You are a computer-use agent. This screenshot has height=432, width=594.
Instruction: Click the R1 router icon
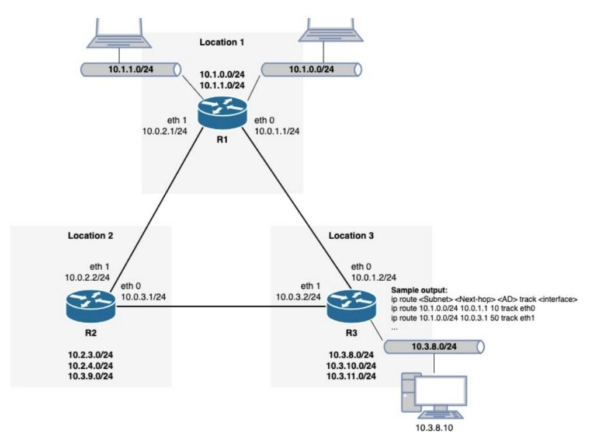point(223,112)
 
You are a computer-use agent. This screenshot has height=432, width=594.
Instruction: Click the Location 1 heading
point(222,43)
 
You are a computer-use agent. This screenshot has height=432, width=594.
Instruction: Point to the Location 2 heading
point(91,236)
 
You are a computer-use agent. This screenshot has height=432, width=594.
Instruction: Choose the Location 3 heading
point(351,236)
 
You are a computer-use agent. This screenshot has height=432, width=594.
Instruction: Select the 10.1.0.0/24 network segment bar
point(312,69)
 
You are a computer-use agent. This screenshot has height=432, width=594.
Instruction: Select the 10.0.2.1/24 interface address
point(164,131)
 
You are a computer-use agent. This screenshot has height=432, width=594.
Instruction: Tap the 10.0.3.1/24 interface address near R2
point(143,297)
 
